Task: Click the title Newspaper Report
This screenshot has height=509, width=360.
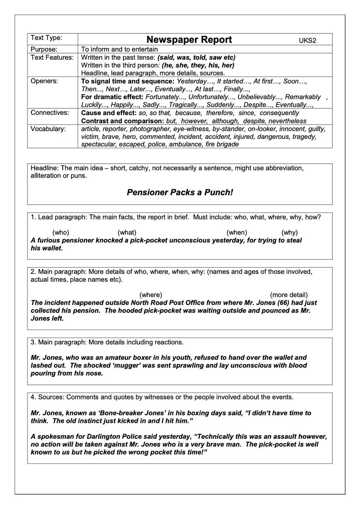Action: tap(189, 40)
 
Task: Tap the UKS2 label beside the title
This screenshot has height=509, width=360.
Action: tap(307, 41)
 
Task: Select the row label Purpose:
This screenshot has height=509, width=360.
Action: tap(44, 49)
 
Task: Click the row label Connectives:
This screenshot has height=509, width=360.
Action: tap(49, 112)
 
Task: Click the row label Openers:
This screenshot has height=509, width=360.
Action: tap(44, 81)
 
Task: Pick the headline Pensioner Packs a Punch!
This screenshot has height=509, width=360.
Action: tap(180, 192)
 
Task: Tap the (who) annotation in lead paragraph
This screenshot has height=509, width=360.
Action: tap(61, 232)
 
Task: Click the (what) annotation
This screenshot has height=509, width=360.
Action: tap(127, 232)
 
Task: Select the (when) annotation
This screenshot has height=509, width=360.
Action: tap(237, 232)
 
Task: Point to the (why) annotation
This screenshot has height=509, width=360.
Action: tap(289, 232)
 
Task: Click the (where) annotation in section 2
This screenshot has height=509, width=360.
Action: tap(151, 295)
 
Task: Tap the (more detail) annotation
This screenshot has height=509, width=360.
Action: tap(289, 295)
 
